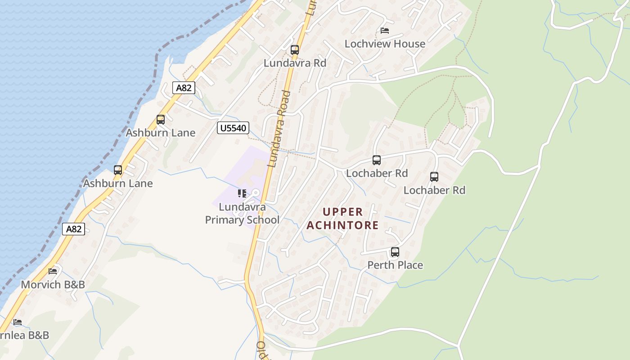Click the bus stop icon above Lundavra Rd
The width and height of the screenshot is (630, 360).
295,50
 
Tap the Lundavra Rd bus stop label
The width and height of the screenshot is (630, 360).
295,63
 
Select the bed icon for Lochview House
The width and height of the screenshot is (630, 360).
385,31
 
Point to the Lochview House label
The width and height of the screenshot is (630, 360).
385,44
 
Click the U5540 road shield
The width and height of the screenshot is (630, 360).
233,128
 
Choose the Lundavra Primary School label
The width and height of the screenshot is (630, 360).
242,214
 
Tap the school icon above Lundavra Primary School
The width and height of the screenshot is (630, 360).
242,193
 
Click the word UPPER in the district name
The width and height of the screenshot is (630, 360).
342,212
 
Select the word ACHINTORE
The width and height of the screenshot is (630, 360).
342,225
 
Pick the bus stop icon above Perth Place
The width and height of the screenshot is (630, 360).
395,252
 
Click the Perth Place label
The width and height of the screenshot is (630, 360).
395,265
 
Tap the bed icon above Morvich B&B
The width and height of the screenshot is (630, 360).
53,271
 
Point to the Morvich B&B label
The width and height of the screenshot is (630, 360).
53,284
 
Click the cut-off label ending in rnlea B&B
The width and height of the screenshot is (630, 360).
24,335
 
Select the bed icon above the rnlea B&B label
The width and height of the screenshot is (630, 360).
18,322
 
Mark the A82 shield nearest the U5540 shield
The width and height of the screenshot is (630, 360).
184,88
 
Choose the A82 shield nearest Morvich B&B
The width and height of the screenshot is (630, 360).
73,229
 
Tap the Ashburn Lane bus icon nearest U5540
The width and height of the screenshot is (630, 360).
161,120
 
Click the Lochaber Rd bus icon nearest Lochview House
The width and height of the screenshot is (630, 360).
377,160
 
